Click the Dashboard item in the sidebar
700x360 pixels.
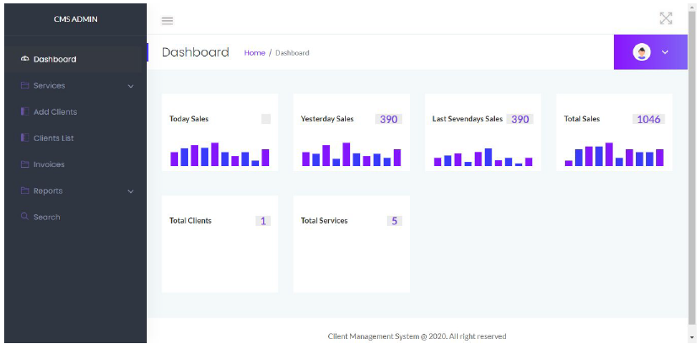coord(54,59)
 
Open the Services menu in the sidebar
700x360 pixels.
coord(49,85)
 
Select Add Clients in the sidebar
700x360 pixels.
coord(55,111)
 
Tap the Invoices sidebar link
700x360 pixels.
coord(49,164)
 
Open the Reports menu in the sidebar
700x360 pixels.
coord(48,191)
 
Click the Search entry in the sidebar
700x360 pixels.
coord(46,217)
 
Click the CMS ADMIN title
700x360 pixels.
coord(75,19)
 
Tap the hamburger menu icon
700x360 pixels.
coord(167,20)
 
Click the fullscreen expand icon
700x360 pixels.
coord(665,19)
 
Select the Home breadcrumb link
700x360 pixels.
coord(255,52)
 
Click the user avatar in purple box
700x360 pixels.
coord(643,52)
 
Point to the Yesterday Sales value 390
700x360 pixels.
coord(388,119)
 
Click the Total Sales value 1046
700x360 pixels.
coord(649,119)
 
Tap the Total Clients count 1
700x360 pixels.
coord(263,221)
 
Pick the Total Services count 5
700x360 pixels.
coord(395,221)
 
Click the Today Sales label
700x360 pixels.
coord(189,119)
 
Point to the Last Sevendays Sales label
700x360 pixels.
coord(467,119)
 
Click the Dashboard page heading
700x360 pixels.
coord(195,52)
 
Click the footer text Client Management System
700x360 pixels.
coord(417,336)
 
